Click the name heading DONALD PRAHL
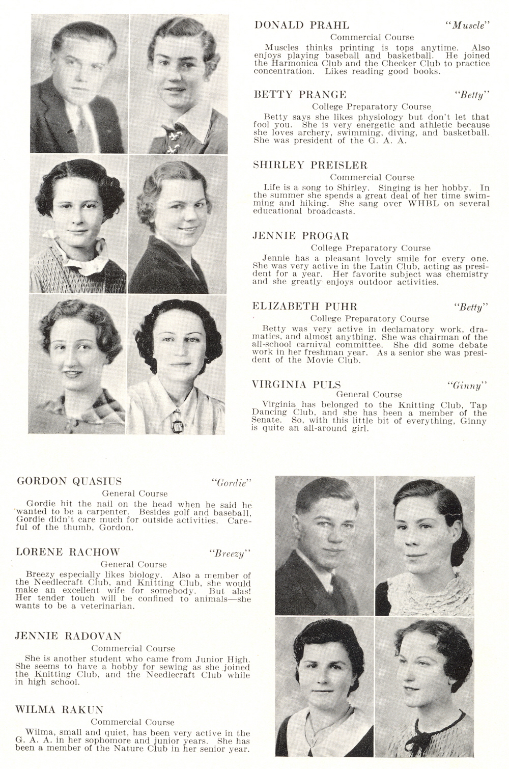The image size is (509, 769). tap(301, 25)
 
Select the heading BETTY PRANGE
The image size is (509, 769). tap(300, 94)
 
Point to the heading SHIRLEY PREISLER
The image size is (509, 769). tap(310, 165)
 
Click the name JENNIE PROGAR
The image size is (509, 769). tap(300, 236)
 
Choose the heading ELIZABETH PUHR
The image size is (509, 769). tap(305, 306)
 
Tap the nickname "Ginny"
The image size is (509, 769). tap(467, 386)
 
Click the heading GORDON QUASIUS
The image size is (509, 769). tap(69, 481)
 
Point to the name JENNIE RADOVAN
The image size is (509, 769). tap(68, 636)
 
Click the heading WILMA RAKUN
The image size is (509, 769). tap(59, 709)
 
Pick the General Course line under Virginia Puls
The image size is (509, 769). tap(369, 394)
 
